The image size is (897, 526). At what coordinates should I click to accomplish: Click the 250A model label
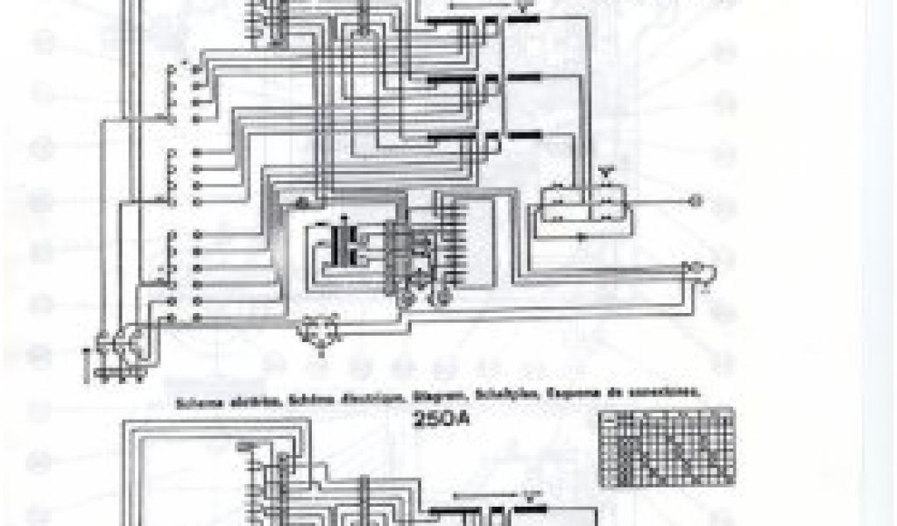tap(446, 419)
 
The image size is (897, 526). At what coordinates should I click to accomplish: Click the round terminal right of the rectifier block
tap(694, 201)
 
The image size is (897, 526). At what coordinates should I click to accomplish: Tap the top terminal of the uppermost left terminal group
tap(194, 64)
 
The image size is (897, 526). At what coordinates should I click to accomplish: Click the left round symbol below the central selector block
tap(406, 300)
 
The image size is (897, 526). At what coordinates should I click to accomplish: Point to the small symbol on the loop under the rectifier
tap(583, 238)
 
